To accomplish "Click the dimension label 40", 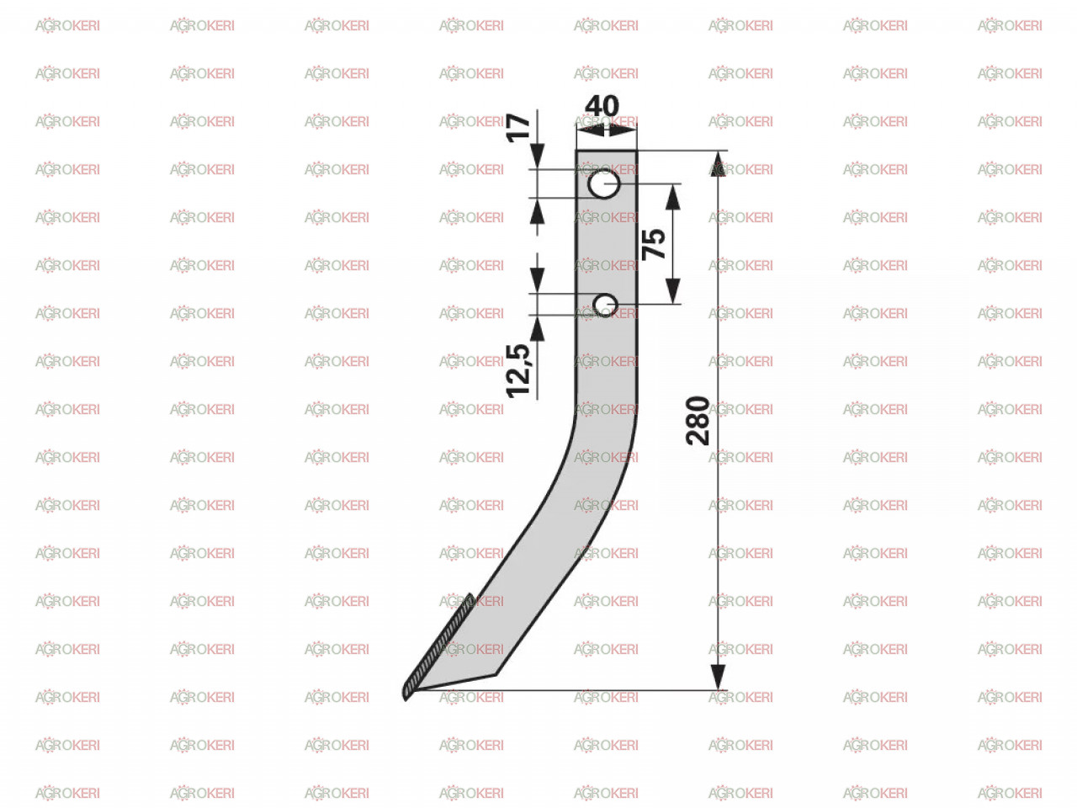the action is point(602,106).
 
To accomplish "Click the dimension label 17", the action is point(518,128).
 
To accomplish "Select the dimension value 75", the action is point(654,244).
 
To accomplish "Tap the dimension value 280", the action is point(698,421).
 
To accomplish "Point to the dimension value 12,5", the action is point(518,371).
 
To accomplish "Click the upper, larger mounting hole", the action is point(604,184).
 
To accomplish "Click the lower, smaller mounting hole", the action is point(605,306).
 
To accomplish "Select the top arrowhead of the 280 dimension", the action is point(718,163).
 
